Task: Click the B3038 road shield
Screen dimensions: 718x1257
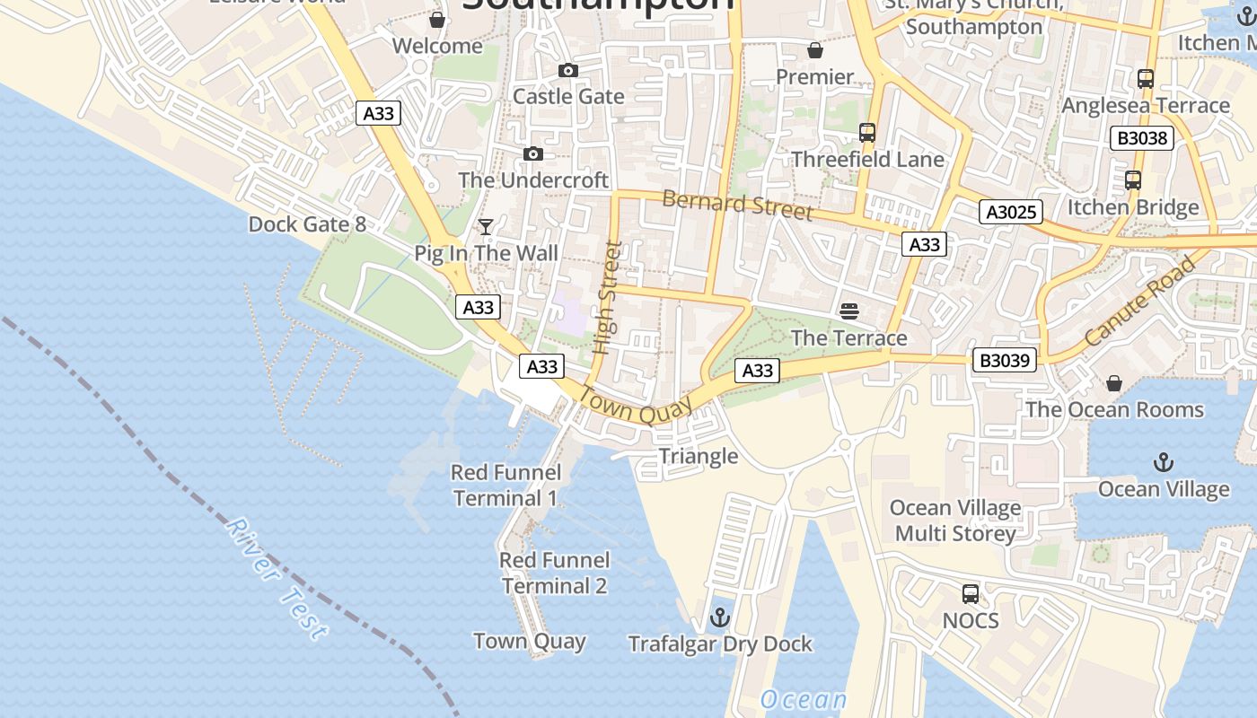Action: tap(1142, 138)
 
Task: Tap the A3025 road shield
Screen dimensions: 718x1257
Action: tap(1011, 213)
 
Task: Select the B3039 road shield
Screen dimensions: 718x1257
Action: tap(1005, 361)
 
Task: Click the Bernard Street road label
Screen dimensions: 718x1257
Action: tap(737, 204)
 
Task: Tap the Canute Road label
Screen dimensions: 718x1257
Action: tap(1140, 302)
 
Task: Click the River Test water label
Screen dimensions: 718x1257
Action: tap(276, 579)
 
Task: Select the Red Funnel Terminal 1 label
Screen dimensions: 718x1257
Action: tap(505, 485)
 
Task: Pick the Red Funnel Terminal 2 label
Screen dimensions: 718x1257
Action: tap(554, 573)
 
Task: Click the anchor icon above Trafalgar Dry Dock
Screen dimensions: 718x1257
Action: tap(719, 617)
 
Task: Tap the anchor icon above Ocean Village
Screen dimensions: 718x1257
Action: tap(1164, 463)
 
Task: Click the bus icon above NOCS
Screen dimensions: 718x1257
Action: tap(971, 593)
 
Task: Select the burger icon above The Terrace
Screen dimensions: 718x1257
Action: tap(849, 311)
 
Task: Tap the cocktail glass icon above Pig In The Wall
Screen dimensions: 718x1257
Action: tap(486, 226)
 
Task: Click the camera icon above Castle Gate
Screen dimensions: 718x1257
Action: tap(567, 70)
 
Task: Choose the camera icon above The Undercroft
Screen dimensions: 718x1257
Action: tap(533, 154)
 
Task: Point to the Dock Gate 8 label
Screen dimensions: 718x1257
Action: tap(307, 223)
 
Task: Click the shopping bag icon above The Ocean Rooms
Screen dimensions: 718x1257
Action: tap(1114, 383)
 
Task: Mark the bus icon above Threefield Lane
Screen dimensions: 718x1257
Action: tap(867, 133)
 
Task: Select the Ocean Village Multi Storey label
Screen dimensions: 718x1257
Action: tap(955, 521)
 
